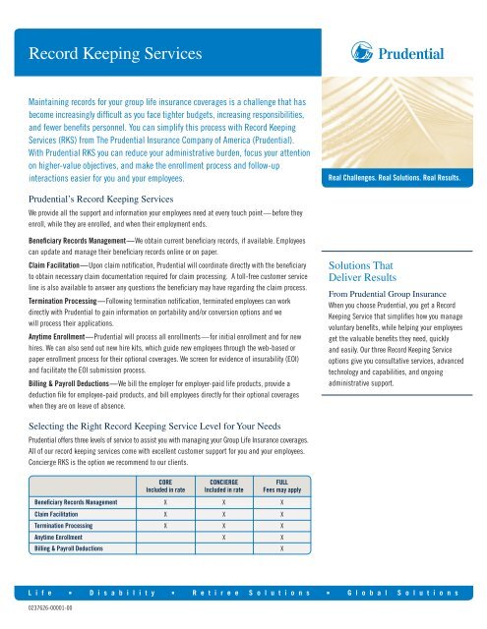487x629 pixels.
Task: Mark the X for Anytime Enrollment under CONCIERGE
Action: tap(225, 539)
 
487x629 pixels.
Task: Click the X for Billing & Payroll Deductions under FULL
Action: tap(282, 551)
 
